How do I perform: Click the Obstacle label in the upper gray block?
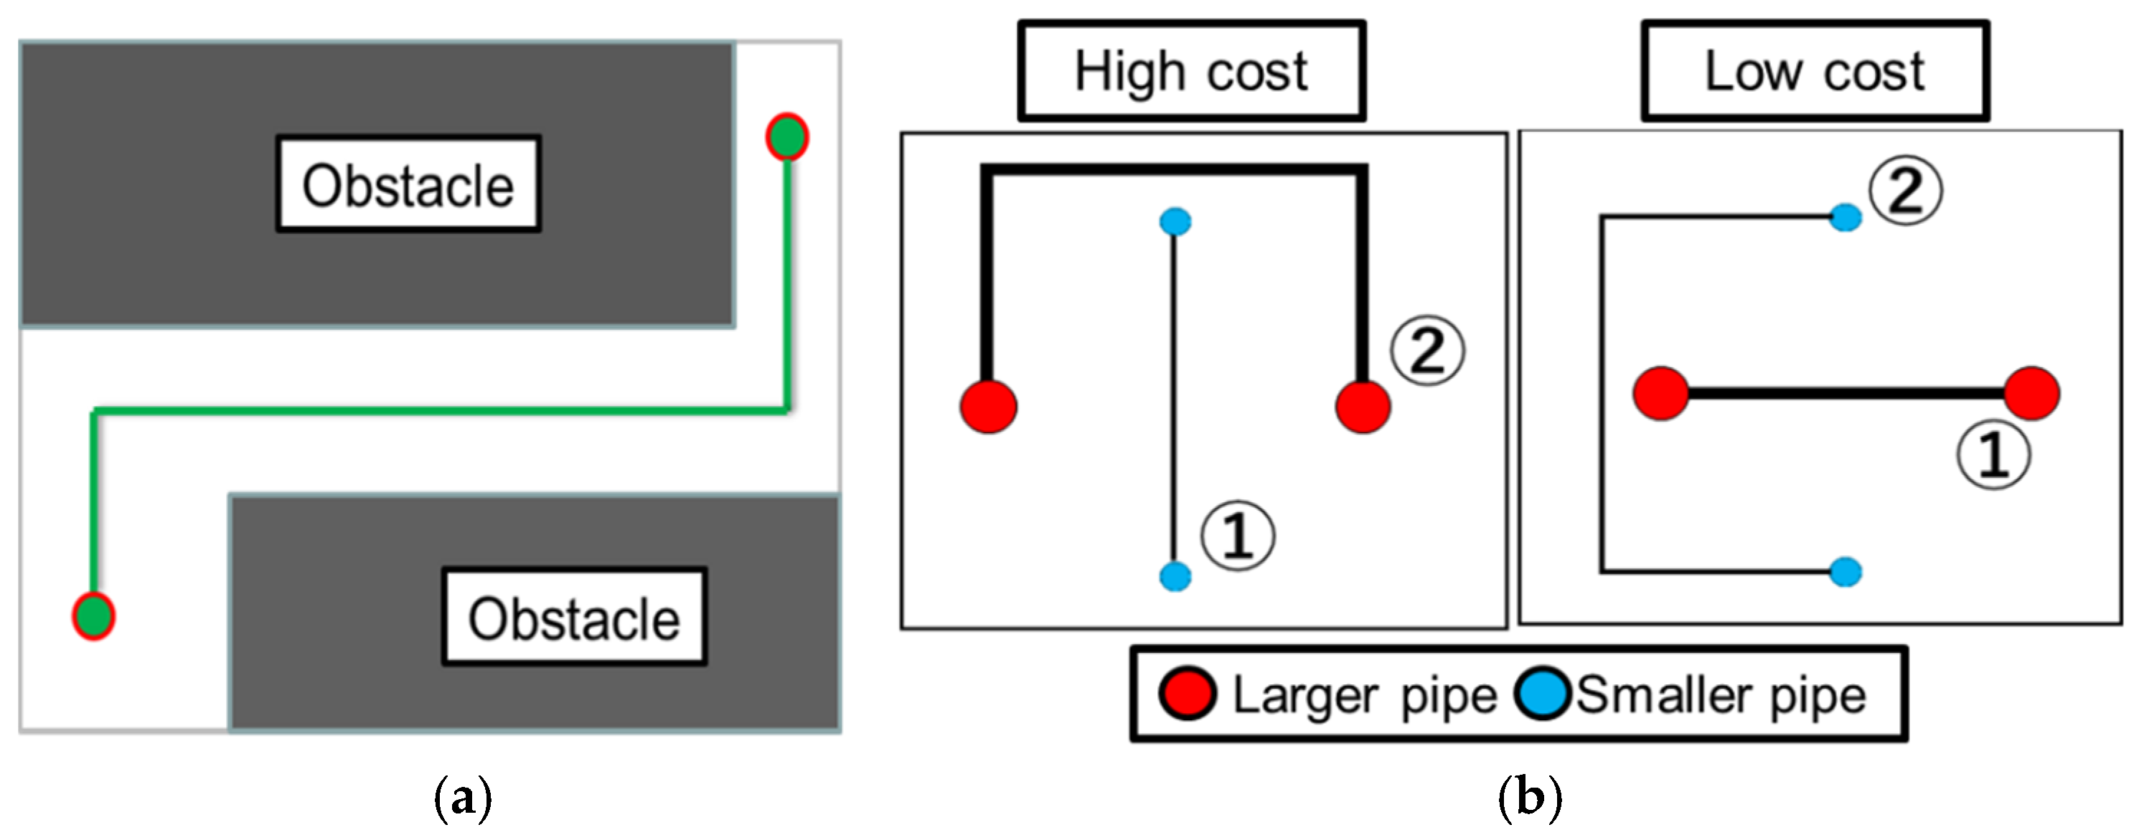[408, 184]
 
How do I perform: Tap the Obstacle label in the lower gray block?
[574, 617]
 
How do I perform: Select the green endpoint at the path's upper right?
[786, 137]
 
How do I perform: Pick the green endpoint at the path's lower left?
[93, 616]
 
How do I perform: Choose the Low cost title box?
[1815, 72]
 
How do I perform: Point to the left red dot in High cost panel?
[988, 407]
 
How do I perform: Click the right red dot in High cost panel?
[1363, 407]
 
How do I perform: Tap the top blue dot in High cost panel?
[1175, 222]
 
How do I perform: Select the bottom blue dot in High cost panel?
[1175, 575]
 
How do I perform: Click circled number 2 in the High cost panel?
[1427, 351]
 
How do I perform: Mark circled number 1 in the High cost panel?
[1237, 535]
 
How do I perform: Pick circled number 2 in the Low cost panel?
[1905, 191]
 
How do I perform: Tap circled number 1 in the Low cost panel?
[1993, 454]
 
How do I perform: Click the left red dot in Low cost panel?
[1660, 393]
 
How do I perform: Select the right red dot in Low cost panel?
[2032, 393]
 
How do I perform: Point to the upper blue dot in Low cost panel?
[1845, 217]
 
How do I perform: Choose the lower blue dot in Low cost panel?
[1845, 572]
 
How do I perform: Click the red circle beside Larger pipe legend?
[1188, 694]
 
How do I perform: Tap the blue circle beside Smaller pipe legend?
[1542, 694]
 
